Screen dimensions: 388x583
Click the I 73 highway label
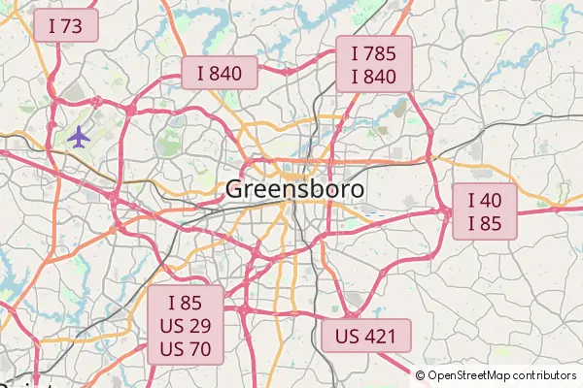coord(65,26)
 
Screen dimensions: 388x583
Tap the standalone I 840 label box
coord(220,73)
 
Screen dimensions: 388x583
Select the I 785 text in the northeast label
coord(374,53)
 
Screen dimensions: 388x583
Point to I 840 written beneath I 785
coord(374,76)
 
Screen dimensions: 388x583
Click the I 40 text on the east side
coord(485,201)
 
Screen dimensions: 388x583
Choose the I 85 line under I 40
coord(485,223)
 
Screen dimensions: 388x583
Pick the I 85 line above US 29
coord(185,303)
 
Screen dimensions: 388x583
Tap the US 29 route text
coord(185,325)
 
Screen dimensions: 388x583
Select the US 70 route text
coord(185,347)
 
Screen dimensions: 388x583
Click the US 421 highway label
coord(365,337)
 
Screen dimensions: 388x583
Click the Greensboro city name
coord(295,190)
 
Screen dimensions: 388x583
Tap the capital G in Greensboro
coord(235,190)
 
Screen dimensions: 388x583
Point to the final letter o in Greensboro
coord(358,191)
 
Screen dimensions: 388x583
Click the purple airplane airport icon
coord(79,137)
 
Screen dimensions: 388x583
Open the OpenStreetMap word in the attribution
coord(470,375)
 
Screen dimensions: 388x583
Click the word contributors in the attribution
coord(545,375)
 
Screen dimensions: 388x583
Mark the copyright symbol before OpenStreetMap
coord(422,375)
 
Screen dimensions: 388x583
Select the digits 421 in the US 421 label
coord(380,337)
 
